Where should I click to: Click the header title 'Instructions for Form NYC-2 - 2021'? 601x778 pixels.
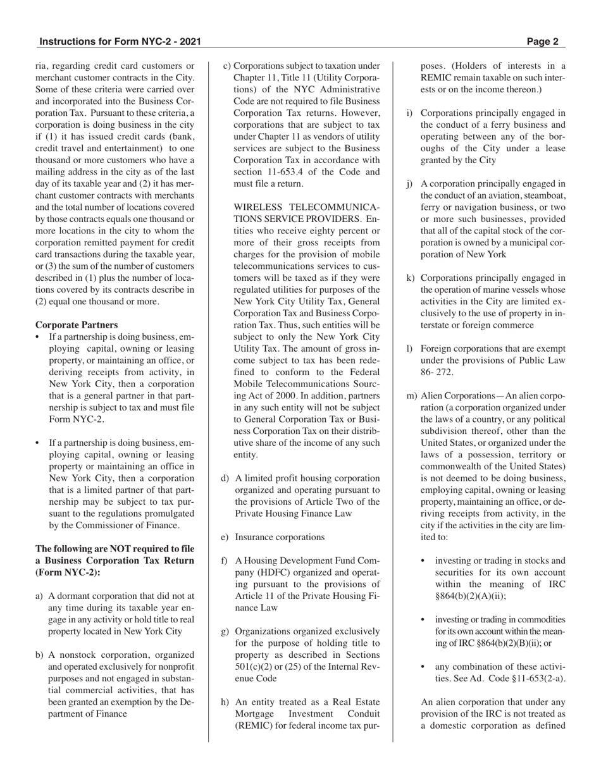tap(120, 42)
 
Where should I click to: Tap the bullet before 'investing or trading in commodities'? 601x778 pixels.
tap(423, 619)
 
